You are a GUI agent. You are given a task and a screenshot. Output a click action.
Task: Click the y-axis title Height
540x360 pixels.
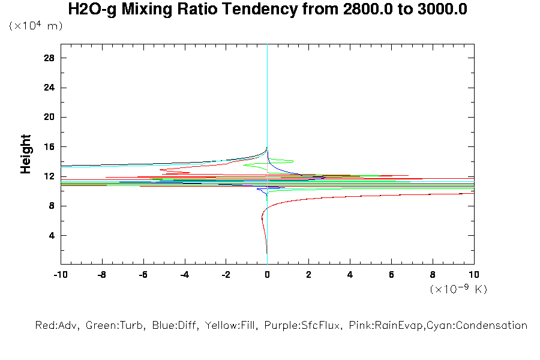point(26,155)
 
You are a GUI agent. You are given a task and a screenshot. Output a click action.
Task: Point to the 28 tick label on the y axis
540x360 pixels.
point(49,58)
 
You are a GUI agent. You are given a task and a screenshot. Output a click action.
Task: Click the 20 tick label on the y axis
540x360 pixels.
point(49,117)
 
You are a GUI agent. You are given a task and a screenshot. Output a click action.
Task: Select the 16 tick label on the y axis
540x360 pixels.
point(49,146)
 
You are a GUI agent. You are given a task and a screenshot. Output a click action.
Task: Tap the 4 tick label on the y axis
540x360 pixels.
point(51,235)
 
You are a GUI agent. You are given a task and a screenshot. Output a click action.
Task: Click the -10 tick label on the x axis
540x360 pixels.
point(60,275)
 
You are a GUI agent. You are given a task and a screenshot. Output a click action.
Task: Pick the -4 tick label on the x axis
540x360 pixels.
point(184,275)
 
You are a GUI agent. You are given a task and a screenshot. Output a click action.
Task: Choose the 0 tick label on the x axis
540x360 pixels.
point(267,275)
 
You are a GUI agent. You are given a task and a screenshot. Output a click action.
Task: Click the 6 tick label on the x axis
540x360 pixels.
point(391,275)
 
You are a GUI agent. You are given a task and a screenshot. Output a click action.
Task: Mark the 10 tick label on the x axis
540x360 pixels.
point(474,275)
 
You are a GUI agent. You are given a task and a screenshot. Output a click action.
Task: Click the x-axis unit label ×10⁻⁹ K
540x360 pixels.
point(458,289)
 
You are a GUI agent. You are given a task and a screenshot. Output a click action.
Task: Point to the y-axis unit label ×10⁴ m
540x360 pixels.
point(35,26)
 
